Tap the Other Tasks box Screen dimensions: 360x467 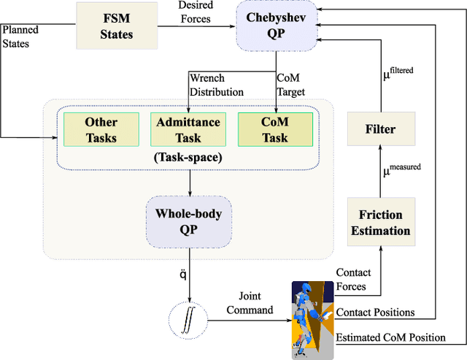tap(101, 130)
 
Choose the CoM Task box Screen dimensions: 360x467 tap(274, 130)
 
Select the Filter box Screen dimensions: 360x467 tap(380, 129)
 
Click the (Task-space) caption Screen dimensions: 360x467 tap(189, 156)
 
